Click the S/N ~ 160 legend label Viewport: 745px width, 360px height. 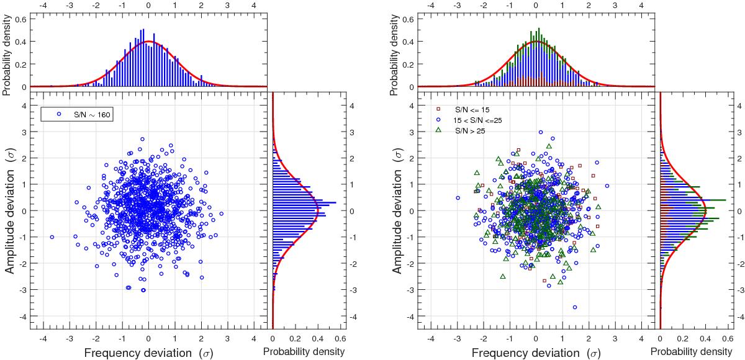coord(90,114)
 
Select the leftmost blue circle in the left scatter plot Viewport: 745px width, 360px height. coord(52,237)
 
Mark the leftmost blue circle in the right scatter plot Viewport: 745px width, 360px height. coord(458,198)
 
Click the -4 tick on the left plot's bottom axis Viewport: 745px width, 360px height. coord(42,340)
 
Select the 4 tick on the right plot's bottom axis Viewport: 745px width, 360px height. coord(641,340)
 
